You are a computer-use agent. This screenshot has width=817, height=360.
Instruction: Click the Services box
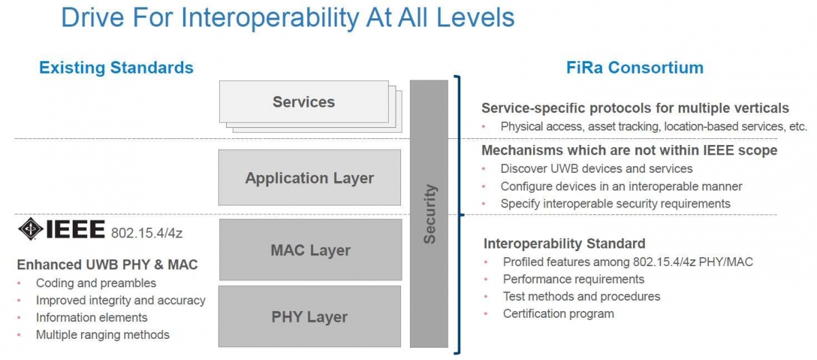point(304,102)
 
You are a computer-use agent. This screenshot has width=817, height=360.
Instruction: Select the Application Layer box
point(310,177)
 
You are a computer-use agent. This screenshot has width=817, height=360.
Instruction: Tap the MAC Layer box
point(310,250)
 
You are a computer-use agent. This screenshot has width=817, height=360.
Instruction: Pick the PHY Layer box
point(310,316)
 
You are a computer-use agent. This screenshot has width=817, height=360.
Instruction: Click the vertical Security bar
point(429,214)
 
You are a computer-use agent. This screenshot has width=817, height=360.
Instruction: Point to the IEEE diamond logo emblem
point(31,229)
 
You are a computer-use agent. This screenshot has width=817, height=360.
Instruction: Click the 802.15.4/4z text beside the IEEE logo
point(146,233)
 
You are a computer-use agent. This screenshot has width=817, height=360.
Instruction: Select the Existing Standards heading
point(116,67)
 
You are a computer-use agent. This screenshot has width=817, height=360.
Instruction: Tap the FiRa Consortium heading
point(635,67)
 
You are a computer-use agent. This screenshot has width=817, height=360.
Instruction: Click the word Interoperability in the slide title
point(270,18)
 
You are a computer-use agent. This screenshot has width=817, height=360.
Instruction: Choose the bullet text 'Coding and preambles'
point(96,283)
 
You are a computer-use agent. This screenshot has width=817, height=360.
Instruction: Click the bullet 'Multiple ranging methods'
point(103,334)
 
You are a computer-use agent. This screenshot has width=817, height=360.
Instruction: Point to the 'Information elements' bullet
point(91,317)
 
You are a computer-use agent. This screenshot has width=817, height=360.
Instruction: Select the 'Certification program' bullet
point(558,314)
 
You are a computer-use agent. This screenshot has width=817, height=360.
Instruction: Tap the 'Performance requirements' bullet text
point(574,279)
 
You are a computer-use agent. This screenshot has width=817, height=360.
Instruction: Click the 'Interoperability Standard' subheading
point(564,243)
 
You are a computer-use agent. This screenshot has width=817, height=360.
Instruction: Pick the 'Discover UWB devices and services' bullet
point(596,169)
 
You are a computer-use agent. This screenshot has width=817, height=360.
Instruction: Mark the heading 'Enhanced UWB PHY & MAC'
point(108,265)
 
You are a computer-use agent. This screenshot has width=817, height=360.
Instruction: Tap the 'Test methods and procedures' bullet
point(581,296)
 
